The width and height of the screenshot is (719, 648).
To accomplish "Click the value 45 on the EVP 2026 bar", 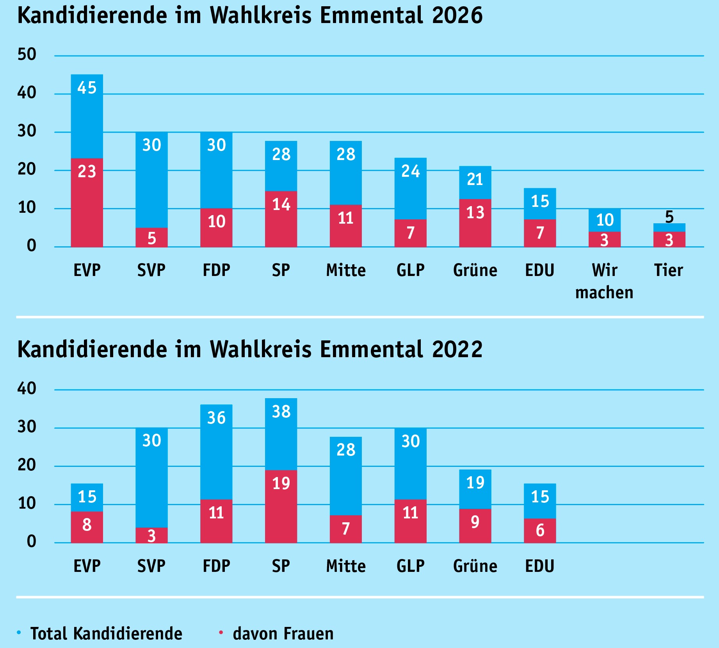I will coord(87,88).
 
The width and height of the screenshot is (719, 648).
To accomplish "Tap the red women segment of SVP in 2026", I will coord(151,238).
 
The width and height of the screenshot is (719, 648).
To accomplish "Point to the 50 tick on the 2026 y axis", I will coord(27,54).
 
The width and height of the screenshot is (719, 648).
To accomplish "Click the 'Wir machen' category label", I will coord(604,281).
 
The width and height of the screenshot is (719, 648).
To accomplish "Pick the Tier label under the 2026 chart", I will coord(669,270).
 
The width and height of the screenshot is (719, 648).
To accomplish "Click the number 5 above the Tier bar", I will coord(669,217).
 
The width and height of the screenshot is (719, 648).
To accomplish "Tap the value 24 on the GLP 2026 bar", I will coord(410,171).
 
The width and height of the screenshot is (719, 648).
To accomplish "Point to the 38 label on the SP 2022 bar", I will coord(281,411).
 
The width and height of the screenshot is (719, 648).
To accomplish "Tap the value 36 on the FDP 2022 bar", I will coord(216,418).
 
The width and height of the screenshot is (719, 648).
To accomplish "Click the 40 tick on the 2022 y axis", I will coord(27,388).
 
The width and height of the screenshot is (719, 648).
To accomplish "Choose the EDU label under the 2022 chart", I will coord(539,566).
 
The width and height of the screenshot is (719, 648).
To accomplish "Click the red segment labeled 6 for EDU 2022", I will coord(540,531).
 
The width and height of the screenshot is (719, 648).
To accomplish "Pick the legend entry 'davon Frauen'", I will coord(283,634).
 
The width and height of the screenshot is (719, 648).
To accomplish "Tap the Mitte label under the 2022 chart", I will coord(346,566).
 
